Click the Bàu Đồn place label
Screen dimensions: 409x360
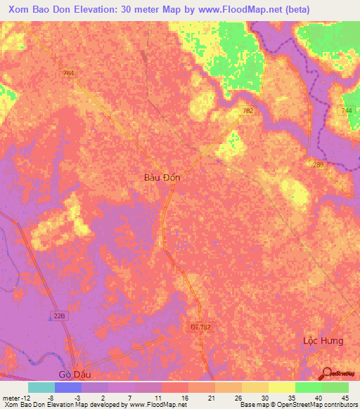coord(157,178)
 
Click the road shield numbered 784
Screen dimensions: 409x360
coord(68,72)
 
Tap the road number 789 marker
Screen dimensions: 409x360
coord(319,164)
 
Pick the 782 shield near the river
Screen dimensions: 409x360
coord(247,111)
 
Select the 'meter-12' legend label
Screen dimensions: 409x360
coord(15,398)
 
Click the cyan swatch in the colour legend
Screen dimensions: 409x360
coord(41,387)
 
